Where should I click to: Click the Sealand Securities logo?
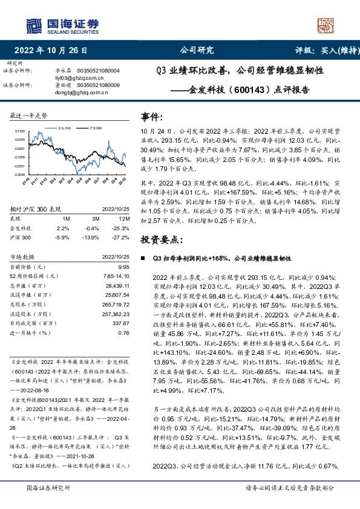point(63,26)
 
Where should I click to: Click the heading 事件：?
point(152,116)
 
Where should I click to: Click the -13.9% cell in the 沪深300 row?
point(93,238)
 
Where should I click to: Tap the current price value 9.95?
point(124,267)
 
